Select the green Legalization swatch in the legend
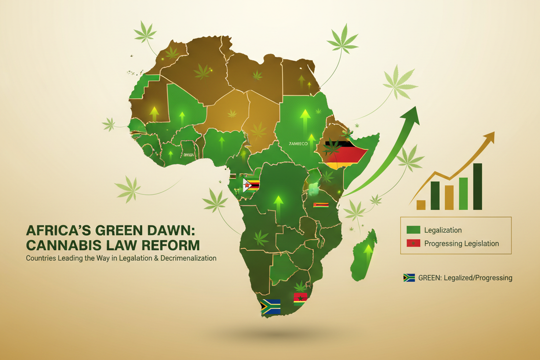[413, 230]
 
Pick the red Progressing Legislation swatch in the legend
[413, 243]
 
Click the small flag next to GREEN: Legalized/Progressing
[409, 278]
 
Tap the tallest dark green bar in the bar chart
[478, 186]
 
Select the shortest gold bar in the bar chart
[421, 205]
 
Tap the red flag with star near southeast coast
[299, 298]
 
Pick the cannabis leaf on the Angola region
[261, 238]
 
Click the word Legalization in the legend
[443, 230]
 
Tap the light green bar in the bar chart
[463, 194]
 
